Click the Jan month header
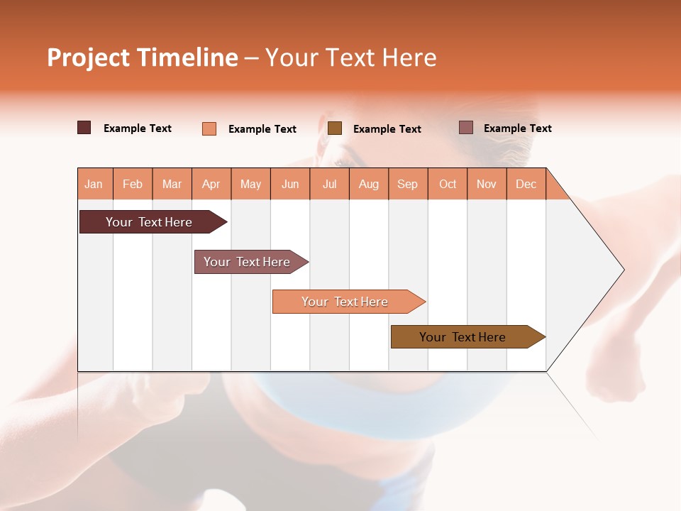pyautogui.click(x=94, y=185)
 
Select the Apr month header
pyautogui.click(x=211, y=185)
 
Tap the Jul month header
pyautogui.click(x=330, y=185)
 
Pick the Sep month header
pyautogui.click(x=407, y=185)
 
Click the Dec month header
pyautogui.click(x=526, y=185)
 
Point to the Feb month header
pyautogui.click(x=133, y=185)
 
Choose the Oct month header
pyautogui.click(x=448, y=185)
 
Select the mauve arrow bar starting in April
pyautogui.click(x=248, y=262)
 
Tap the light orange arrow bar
pyautogui.click(x=346, y=302)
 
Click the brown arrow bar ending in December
pyautogui.click(x=465, y=337)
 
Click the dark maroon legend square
pyautogui.click(x=84, y=128)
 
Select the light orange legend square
pyautogui.click(x=209, y=128)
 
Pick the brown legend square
pyautogui.click(x=335, y=128)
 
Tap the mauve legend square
pyautogui.click(x=466, y=128)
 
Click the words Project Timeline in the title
pyautogui.click(x=142, y=57)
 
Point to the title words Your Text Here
pyautogui.click(x=351, y=57)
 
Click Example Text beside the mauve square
pyautogui.click(x=517, y=128)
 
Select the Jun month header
pyautogui.click(x=290, y=185)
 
